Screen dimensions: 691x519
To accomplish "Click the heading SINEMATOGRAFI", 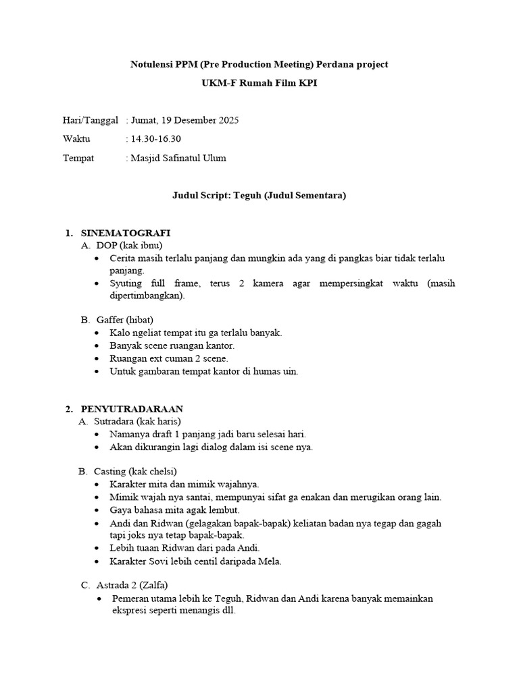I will pyautogui.click(x=125, y=233).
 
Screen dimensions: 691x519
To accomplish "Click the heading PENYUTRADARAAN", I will pyautogui.click(x=132, y=409).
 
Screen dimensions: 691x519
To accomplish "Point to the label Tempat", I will pyautogui.click(x=78, y=158).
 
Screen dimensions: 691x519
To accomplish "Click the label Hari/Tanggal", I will pyautogui.click(x=91, y=120).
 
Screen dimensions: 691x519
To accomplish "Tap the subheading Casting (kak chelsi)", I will pyautogui.click(x=135, y=470).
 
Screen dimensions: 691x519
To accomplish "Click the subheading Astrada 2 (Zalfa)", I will pyautogui.click(x=132, y=584).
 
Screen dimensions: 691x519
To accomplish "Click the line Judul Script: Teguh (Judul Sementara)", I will pyautogui.click(x=259, y=196).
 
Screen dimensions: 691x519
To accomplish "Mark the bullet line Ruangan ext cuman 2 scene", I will pyautogui.click(x=168, y=358).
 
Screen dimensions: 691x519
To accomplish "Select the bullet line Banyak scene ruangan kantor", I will pyautogui.click(x=172, y=345).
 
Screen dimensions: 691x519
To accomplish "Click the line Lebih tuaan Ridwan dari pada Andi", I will pyautogui.click(x=184, y=547).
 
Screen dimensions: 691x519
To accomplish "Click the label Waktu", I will pyautogui.click(x=76, y=139).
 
